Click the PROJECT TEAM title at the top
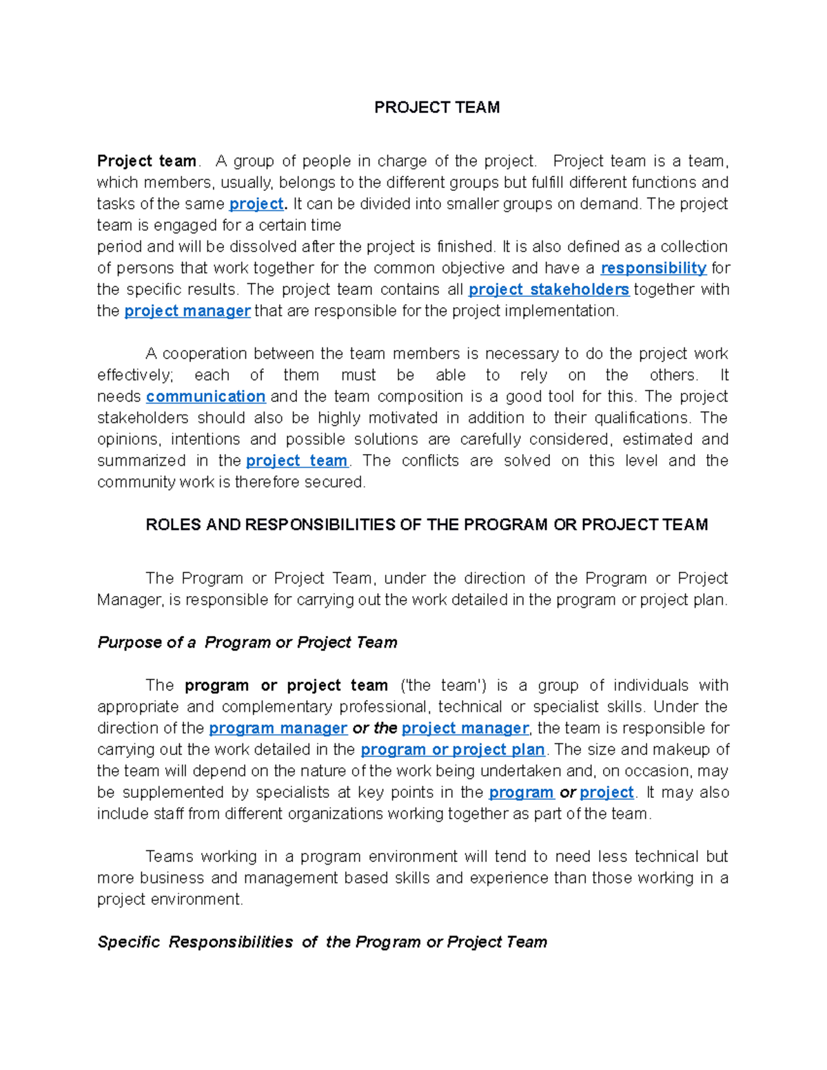click(x=437, y=107)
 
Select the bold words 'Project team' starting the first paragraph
click(x=146, y=161)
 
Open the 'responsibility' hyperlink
click(x=653, y=268)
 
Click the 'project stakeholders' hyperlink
click(x=549, y=289)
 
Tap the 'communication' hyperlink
click(x=205, y=397)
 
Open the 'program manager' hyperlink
click(x=278, y=728)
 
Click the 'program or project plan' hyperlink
click(x=453, y=750)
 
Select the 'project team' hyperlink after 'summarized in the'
click(x=296, y=461)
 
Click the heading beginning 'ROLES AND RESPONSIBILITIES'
click(x=427, y=525)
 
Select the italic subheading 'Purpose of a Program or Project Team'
click(x=247, y=643)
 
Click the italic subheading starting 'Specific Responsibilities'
click(x=322, y=943)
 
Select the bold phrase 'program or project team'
click(x=286, y=686)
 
